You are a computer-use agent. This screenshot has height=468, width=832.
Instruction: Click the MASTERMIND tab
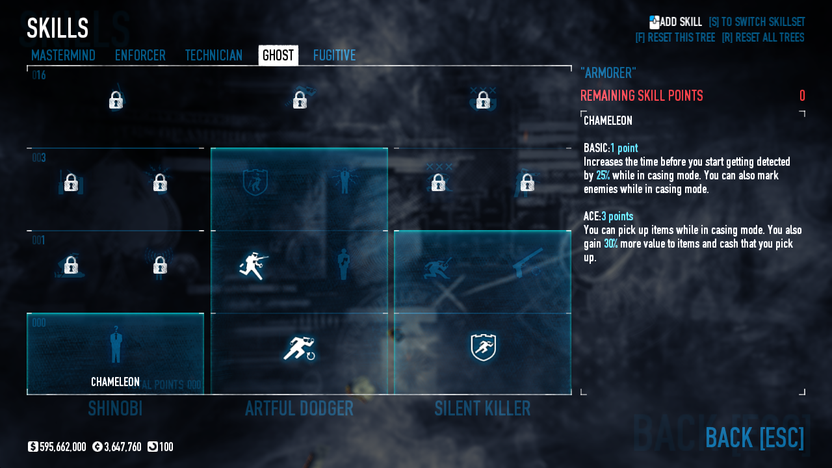(x=63, y=55)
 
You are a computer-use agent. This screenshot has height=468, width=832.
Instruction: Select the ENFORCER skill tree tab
(x=140, y=55)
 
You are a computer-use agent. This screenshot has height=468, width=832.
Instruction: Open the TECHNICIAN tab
(x=213, y=55)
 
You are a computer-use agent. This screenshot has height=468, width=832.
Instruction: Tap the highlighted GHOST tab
(x=278, y=55)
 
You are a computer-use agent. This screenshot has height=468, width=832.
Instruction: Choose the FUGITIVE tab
(x=334, y=55)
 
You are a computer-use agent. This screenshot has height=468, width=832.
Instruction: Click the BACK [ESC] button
(x=754, y=437)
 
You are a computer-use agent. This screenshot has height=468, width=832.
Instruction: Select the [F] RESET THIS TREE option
(x=675, y=38)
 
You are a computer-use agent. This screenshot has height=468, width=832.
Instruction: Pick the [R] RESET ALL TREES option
(x=762, y=38)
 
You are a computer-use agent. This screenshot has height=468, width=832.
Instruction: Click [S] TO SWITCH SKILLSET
(x=757, y=22)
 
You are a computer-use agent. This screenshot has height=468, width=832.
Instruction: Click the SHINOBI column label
(x=115, y=408)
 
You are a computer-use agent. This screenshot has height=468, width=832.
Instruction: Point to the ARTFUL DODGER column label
(x=299, y=408)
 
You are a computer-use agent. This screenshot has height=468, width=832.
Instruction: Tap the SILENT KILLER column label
(x=482, y=408)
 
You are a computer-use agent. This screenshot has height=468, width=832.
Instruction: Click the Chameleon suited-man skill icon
(x=116, y=344)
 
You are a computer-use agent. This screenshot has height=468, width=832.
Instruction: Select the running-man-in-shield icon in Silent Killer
(x=483, y=348)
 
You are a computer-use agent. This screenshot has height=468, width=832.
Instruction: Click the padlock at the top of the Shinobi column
(x=116, y=100)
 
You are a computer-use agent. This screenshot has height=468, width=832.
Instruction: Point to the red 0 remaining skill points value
(x=802, y=96)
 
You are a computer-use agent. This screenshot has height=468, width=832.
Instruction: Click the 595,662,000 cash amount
(x=62, y=447)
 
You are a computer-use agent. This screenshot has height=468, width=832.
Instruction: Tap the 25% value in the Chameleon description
(x=603, y=175)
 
